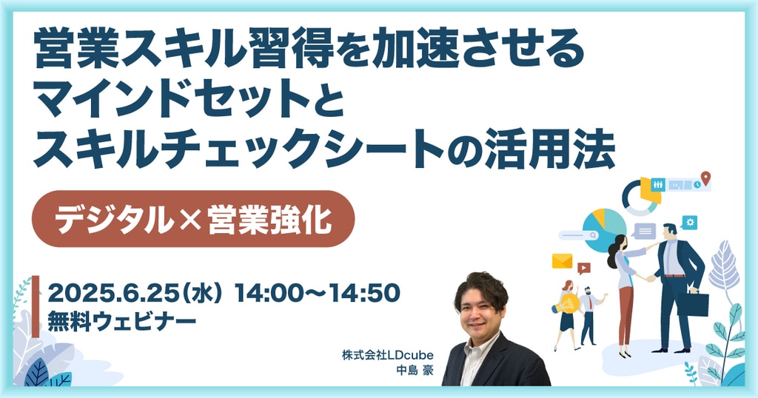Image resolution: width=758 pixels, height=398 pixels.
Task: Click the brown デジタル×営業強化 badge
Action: [193, 219]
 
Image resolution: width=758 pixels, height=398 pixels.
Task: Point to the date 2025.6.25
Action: [113, 293]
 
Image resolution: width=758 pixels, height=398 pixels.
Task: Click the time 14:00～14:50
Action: [317, 293]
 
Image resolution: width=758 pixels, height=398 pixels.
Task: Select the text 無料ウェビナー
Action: [122, 322]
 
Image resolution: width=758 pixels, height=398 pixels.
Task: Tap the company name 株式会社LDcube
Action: [388, 356]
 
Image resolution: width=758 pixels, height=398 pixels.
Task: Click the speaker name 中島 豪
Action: [415, 371]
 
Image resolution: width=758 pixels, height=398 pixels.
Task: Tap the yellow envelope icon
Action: [563, 261]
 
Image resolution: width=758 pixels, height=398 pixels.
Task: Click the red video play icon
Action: [584, 268]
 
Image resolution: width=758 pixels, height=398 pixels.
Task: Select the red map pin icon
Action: [705, 178]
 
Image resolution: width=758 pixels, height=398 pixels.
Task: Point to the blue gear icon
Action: [690, 222]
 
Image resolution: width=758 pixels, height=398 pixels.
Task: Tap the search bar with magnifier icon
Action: [579, 236]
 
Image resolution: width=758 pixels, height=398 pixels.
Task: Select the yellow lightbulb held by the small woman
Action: [566, 304]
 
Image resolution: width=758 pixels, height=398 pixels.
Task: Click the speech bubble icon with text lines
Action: [645, 232]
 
